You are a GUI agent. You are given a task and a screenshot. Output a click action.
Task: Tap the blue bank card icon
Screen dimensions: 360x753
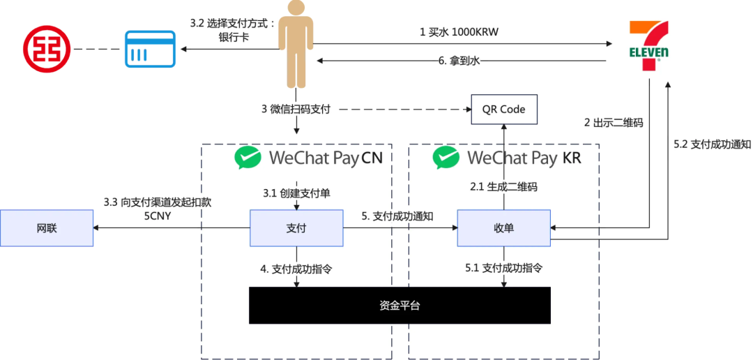146,49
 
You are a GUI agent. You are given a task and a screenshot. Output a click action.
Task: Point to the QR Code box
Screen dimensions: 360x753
503,110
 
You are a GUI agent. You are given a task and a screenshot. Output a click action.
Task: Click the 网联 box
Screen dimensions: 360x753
47,228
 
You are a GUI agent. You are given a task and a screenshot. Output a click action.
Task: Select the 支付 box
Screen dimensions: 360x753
296,228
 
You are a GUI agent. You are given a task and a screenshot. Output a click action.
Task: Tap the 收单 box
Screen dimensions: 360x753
503,228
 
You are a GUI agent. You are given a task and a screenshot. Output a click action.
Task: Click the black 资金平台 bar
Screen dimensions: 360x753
400,305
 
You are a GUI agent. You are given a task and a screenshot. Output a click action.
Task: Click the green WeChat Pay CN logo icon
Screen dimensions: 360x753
248,158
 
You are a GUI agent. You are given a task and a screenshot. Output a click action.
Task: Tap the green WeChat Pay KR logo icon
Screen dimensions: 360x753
446,158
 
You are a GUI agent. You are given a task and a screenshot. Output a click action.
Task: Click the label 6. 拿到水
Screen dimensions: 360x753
459,61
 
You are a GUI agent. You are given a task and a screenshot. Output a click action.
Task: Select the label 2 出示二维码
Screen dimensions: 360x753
613,122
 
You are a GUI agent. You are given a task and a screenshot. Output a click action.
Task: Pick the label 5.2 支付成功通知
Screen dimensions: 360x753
712,144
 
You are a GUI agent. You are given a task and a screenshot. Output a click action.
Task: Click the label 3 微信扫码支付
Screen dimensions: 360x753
295,109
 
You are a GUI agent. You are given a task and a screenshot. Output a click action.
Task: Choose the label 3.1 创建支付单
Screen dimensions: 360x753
296,193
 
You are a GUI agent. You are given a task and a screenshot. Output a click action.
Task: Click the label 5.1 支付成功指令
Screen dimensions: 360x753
503,267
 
